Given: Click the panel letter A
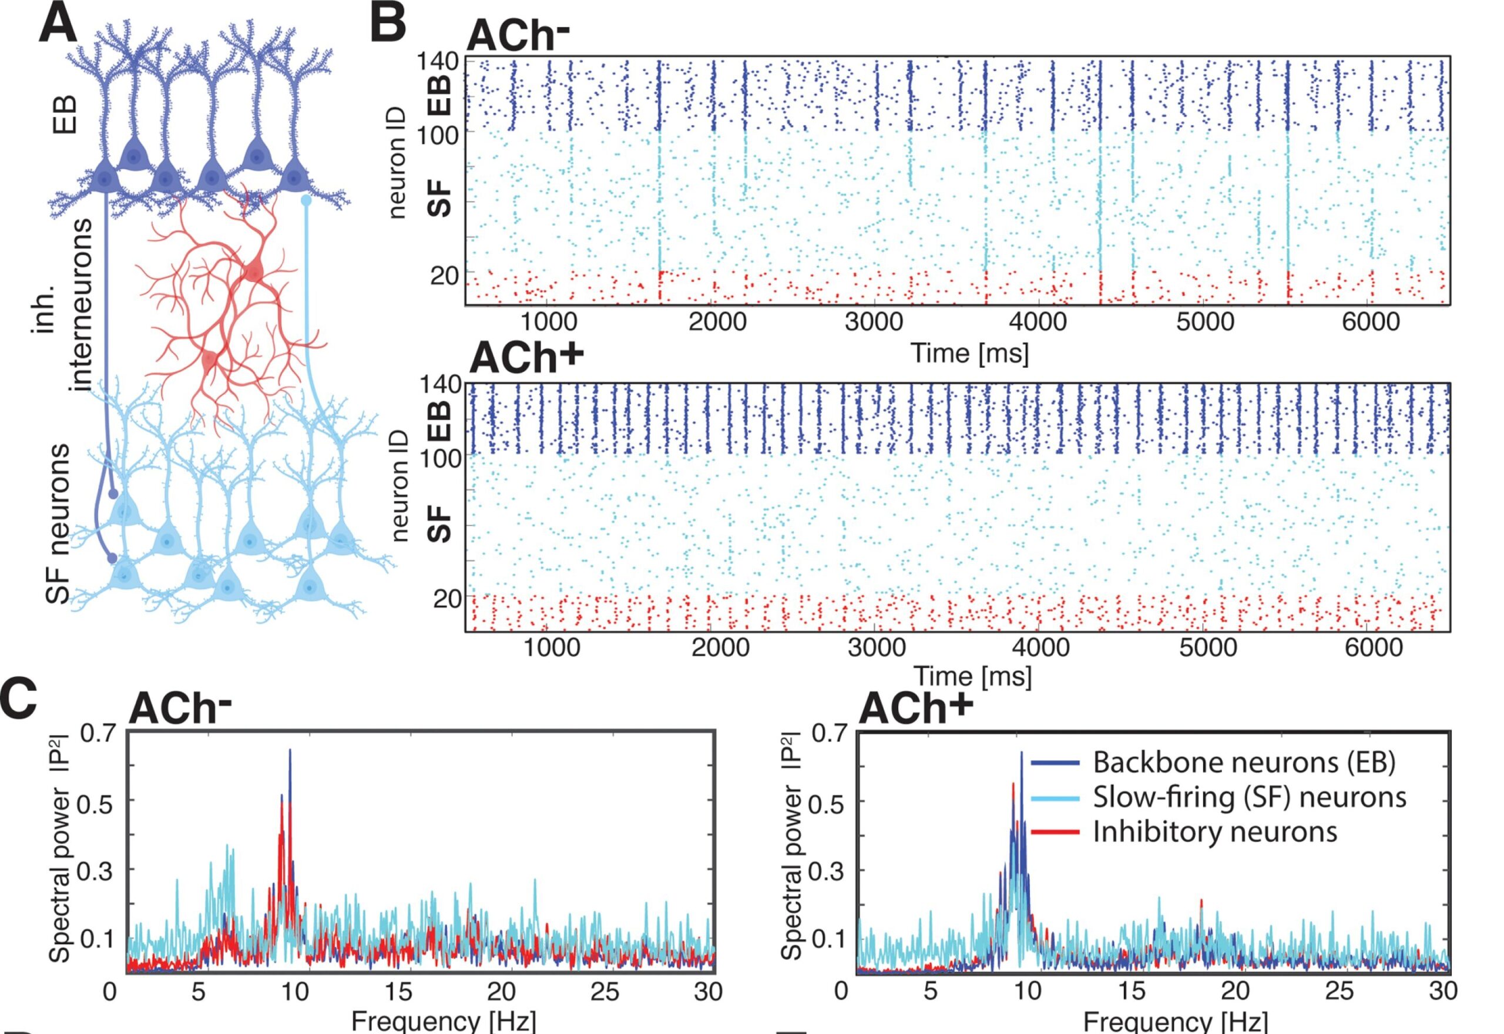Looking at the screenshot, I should click(58, 25).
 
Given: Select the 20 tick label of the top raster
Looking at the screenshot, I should click(444, 276).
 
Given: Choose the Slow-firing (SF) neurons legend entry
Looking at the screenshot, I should click(1249, 797).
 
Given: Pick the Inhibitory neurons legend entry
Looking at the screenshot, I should click(1214, 831).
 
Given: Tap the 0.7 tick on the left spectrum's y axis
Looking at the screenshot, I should click(97, 733).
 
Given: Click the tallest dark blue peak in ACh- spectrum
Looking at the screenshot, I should click(290, 751).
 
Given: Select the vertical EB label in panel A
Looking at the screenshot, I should click(65, 115).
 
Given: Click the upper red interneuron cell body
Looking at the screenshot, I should click(254, 270).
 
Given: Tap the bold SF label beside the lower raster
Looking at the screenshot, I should click(440, 523).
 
